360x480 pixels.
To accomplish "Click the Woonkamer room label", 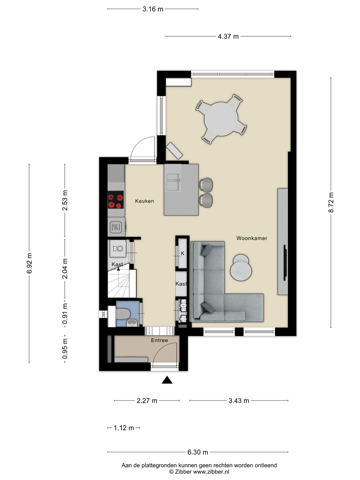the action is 252,238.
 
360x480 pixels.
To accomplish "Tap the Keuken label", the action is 144,201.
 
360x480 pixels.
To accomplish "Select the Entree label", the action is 159,340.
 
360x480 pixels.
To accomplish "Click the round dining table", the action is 221,119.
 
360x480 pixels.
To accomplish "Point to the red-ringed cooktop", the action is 116,199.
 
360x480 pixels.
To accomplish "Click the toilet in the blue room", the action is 123,314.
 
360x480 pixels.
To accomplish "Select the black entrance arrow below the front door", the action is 167,380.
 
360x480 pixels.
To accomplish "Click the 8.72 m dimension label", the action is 331,202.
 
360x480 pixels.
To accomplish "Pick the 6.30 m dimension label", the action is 198,452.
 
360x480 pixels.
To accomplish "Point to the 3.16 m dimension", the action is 153,9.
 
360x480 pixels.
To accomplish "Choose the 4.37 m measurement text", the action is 228,36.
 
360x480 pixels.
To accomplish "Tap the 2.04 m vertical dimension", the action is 65,269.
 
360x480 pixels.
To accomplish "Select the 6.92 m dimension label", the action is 29,263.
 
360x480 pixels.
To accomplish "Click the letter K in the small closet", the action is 183,253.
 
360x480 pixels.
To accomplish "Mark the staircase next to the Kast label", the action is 122,284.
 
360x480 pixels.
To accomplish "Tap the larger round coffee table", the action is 241,270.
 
